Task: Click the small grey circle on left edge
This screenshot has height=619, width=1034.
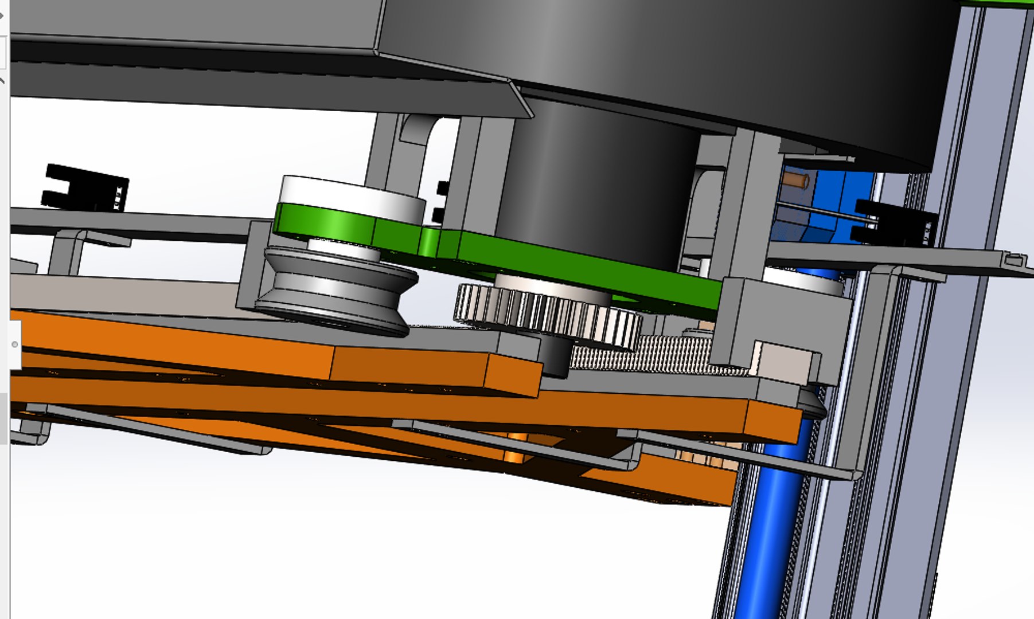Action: (x=15, y=344)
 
